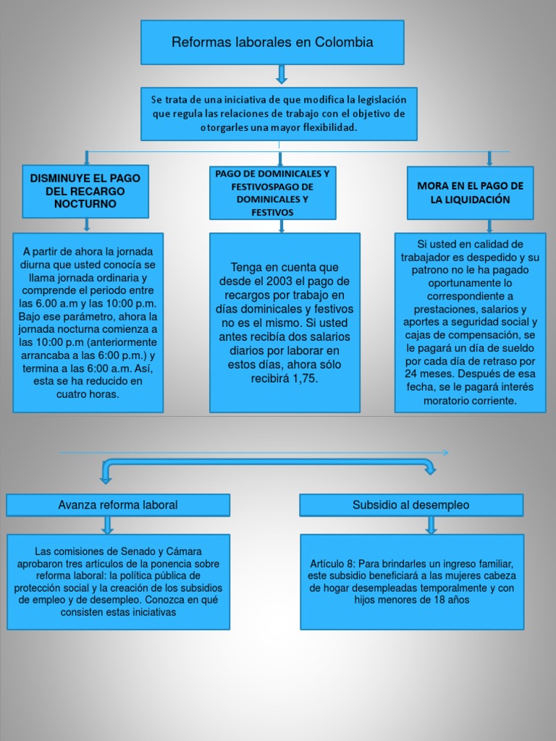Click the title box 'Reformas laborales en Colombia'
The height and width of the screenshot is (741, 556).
272,42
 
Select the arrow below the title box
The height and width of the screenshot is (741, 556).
282,75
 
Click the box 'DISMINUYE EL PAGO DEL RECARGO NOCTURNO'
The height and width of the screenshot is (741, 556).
85,191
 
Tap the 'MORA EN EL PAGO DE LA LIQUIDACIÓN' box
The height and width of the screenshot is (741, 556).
470,192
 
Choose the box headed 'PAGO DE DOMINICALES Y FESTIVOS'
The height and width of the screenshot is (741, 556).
272,192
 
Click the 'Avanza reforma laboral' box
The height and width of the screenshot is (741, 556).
118,505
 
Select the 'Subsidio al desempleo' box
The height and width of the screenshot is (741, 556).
411,505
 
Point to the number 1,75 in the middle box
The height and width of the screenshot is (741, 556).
306,378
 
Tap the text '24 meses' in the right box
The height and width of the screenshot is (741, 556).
429,374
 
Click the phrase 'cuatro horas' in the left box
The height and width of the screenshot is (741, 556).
88,394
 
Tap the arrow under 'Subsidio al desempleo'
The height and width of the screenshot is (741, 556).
431,525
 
